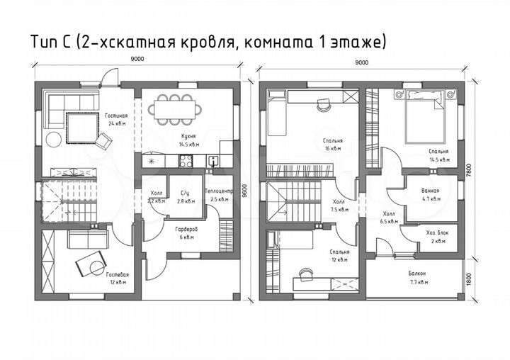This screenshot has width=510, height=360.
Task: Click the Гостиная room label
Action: coord(117,115)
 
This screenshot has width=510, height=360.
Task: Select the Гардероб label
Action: coord(186,229)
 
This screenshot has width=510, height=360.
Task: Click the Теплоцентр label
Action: coord(217,192)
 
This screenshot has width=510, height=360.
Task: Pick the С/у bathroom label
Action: coord(186,193)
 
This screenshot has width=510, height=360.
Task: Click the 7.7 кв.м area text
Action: coord(418,282)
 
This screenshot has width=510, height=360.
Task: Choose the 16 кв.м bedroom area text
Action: coord(329,149)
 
